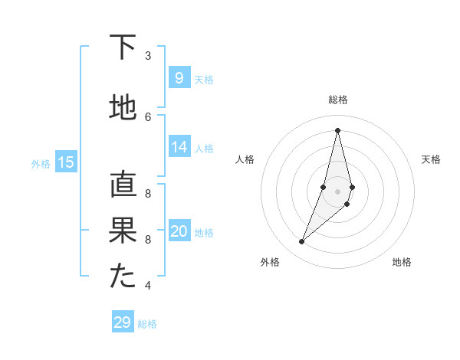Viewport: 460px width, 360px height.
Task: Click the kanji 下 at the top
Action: click(x=123, y=47)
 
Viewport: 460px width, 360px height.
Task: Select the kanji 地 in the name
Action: click(x=123, y=108)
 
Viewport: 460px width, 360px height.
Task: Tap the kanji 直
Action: click(x=123, y=185)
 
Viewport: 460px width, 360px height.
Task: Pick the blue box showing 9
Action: click(x=179, y=77)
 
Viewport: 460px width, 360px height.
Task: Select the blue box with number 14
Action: click(x=179, y=147)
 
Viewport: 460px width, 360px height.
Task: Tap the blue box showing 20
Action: click(x=179, y=231)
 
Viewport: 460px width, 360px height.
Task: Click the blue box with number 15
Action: click(x=66, y=162)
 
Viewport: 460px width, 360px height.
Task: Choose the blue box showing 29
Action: click(x=122, y=322)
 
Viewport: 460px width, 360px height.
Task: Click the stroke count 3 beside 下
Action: click(x=148, y=55)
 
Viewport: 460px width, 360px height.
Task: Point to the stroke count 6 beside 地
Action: click(x=148, y=116)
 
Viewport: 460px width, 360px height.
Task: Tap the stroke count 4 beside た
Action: click(x=148, y=286)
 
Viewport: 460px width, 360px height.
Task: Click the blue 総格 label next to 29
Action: click(x=147, y=324)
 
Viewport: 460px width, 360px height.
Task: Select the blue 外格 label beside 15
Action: click(x=41, y=163)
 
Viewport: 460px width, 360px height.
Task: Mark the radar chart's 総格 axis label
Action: click(x=337, y=100)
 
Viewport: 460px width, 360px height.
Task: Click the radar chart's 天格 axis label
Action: click(x=431, y=159)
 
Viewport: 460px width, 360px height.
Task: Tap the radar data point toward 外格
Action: click(x=302, y=242)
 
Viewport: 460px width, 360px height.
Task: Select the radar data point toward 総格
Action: click(x=337, y=130)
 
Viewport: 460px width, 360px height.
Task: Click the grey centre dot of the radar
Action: click(x=337, y=191)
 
